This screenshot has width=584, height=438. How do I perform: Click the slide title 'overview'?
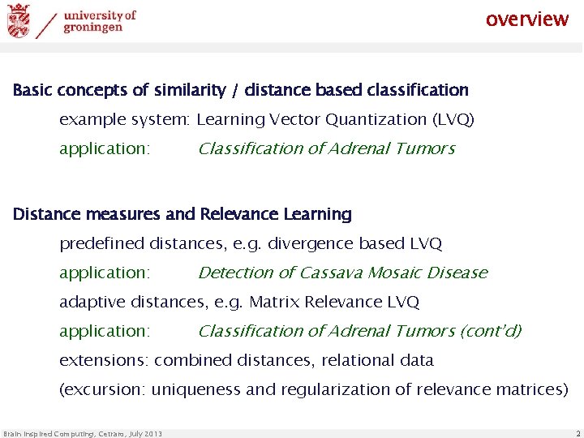(x=527, y=19)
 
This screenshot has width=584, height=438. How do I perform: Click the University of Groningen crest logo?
(x=18, y=21)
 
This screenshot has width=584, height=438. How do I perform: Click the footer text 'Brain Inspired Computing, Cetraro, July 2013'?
(x=83, y=434)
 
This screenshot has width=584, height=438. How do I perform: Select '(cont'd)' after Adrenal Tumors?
(x=491, y=331)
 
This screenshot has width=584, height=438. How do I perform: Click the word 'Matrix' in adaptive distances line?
(x=274, y=302)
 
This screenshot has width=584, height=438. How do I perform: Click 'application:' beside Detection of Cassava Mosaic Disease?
(x=105, y=273)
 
